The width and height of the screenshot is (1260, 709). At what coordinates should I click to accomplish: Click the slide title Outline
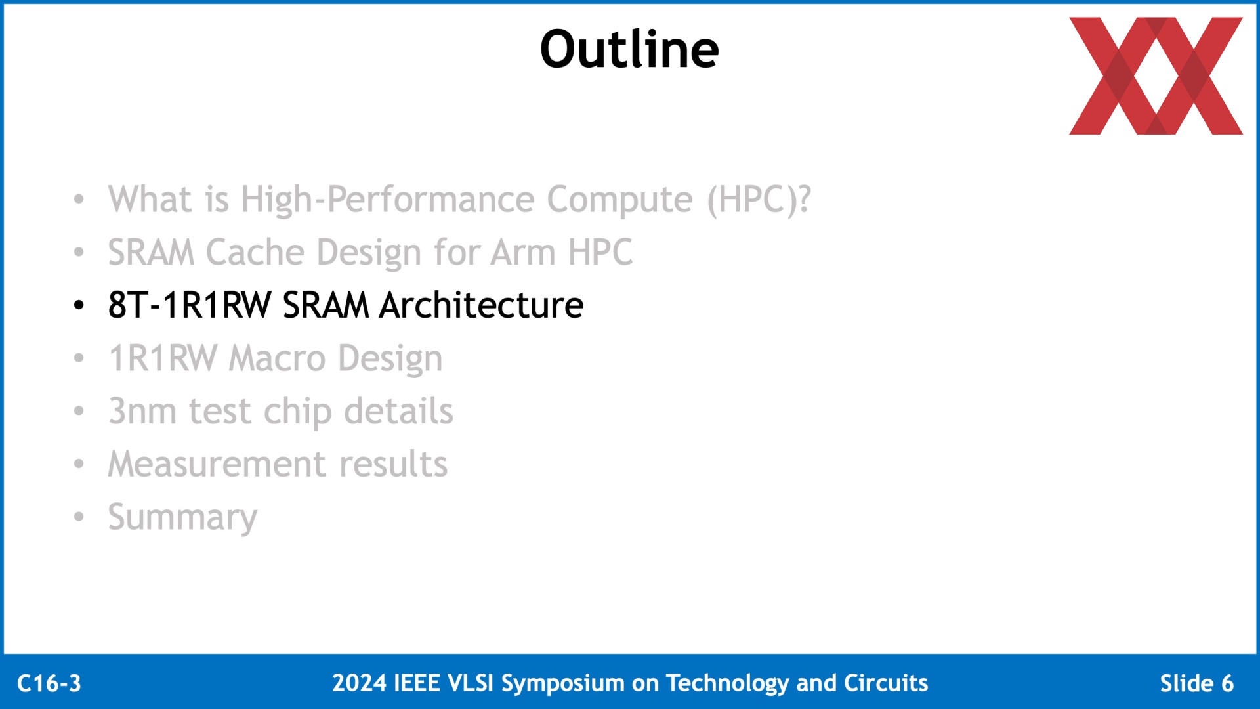[629, 49]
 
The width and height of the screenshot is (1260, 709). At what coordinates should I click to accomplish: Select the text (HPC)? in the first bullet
[759, 200]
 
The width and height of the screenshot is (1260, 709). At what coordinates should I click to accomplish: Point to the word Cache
[255, 252]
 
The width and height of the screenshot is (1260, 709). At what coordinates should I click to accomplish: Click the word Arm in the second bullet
[523, 252]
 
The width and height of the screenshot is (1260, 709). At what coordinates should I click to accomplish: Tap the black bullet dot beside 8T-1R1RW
[79, 305]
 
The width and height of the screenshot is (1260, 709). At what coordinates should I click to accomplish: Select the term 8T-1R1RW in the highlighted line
[190, 305]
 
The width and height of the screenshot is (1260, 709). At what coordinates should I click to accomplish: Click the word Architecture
[482, 305]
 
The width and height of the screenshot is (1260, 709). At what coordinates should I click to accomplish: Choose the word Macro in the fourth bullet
[278, 358]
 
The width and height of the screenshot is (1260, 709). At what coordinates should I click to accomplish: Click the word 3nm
[142, 412]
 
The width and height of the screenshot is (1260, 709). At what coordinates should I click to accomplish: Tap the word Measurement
[217, 464]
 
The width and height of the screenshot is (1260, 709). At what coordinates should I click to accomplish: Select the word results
[393, 464]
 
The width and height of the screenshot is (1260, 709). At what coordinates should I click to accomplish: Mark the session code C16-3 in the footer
[49, 683]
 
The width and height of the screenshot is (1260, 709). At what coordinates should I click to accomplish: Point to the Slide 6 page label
[1197, 683]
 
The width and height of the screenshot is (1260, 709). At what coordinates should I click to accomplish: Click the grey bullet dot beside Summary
[79, 517]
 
